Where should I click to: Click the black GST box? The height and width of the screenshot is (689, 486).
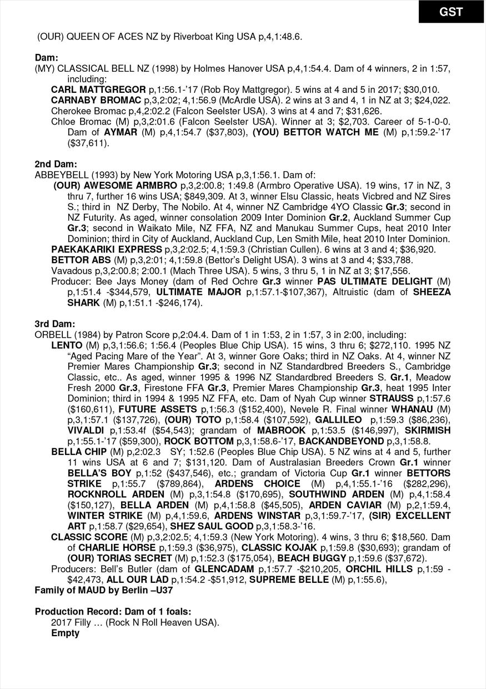pos(451,12)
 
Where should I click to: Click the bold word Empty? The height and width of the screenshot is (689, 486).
pos(66,633)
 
